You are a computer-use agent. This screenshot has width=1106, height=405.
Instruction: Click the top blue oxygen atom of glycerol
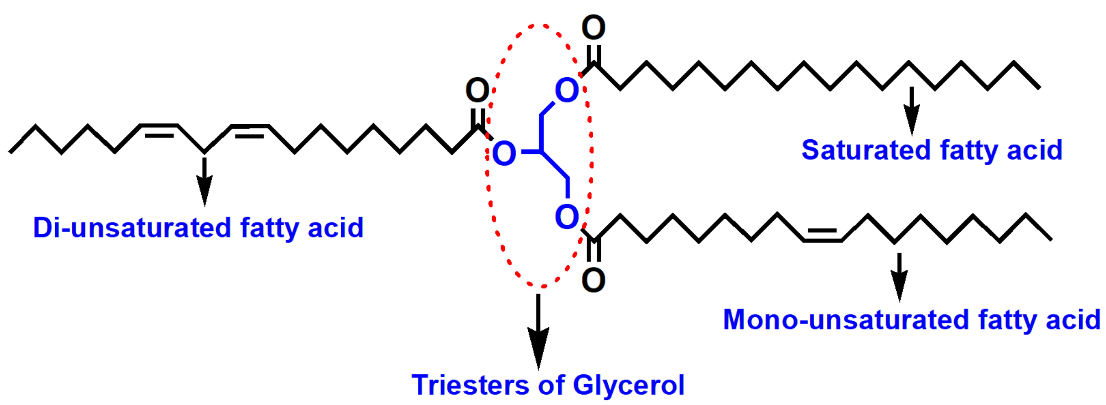[x=567, y=90]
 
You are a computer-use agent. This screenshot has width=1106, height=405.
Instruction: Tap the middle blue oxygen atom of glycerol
[x=504, y=153]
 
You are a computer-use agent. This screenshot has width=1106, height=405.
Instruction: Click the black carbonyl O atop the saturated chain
[x=593, y=27]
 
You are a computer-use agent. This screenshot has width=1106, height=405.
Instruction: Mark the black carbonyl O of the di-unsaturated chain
[x=477, y=90]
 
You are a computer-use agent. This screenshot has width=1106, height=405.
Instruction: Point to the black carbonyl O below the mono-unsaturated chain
[x=593, y=280]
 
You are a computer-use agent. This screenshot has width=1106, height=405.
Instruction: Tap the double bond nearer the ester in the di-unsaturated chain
[x=250, y=131]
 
